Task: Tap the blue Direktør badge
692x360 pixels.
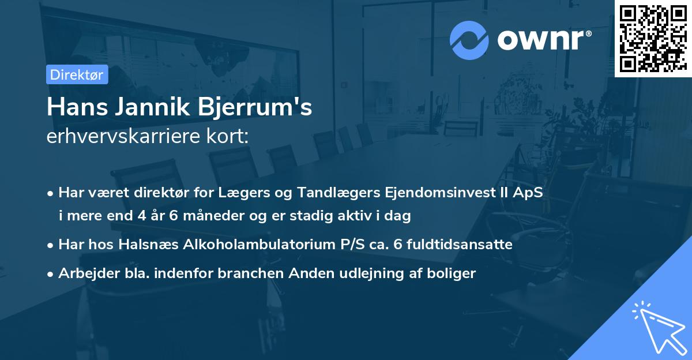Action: click(77, 74)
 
